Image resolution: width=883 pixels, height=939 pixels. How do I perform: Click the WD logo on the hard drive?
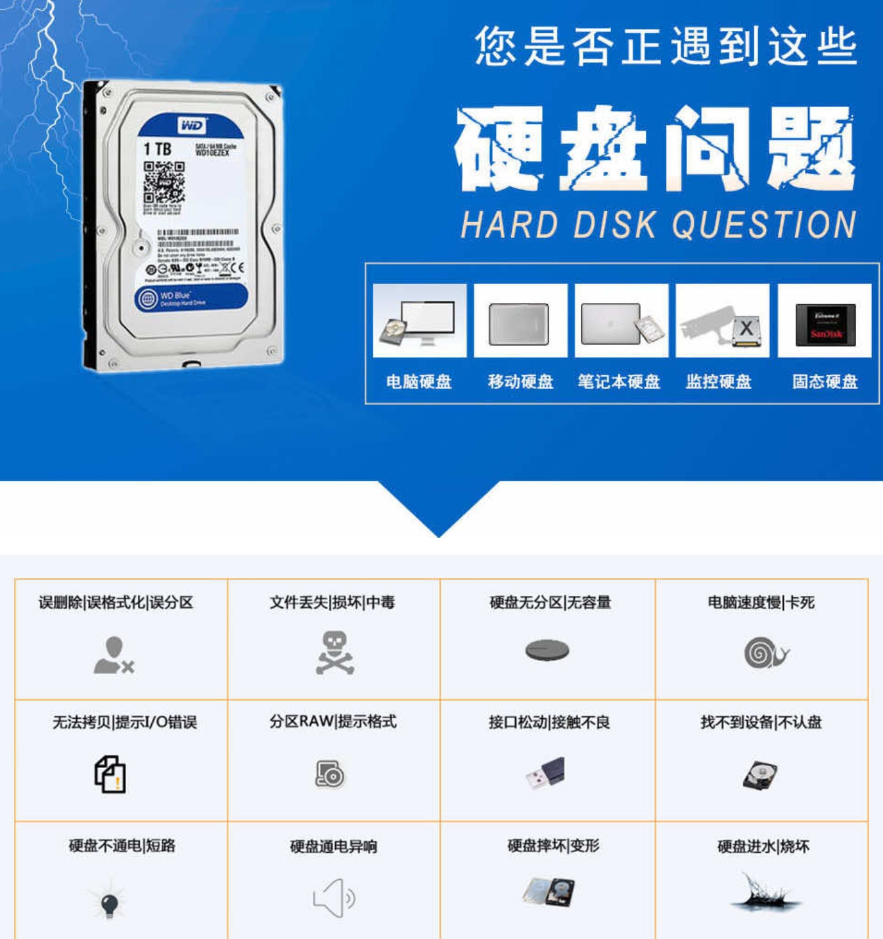[x=191, y=125]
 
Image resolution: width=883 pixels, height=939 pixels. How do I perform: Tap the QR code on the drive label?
[x=164, y=182]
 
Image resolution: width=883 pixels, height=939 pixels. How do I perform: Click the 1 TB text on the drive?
[x=158, y=149]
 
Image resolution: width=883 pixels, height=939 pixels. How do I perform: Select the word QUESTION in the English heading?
[x=764, y=225]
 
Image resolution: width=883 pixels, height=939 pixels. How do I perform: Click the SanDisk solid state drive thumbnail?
[x=825, y=322]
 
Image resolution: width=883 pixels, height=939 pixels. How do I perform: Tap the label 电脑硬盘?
[x=419, y=382]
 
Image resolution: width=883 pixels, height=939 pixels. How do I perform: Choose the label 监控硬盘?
[x=719, y=382]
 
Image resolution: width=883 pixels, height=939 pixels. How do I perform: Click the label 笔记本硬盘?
[x=619, y=382]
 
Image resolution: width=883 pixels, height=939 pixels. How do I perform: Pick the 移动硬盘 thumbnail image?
[x=520, y=322]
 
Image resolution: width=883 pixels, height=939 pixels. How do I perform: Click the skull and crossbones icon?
[x=334, y=653]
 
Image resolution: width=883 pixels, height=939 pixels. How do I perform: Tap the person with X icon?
[x=114, y=656]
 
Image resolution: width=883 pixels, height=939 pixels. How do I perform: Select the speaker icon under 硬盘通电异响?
[x=334, y=898]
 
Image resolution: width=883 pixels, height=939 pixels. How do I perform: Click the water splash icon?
[x=764, y=894]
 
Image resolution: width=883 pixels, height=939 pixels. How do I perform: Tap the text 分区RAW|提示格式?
[x=333, y=721]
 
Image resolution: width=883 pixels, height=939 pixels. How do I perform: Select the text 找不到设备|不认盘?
[x=761, y=722]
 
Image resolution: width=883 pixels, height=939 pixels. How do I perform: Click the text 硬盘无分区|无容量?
[x=550, y=603]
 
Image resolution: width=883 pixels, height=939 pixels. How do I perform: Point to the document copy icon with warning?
[x=110, y=774]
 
